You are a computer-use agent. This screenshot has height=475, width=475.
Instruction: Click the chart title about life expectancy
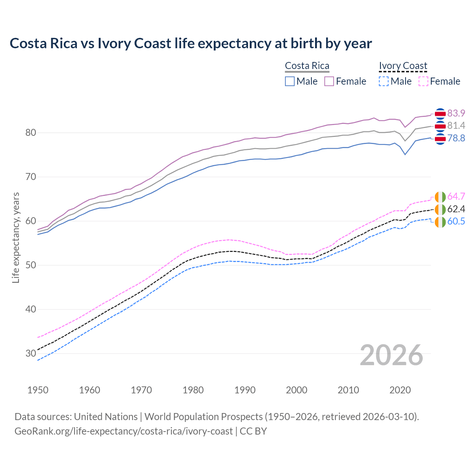pyautogui.click(x=191, y=43)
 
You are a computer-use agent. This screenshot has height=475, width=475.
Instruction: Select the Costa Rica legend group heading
pyautogui.click(x=307, y=66)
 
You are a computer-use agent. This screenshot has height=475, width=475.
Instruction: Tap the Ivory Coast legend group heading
pyautogui.click(x=403, y=66)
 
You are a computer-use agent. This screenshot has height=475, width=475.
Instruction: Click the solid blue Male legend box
pyautogui.click(x=290, y=81)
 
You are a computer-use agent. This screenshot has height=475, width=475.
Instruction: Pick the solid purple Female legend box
pyautogui.click(x=330, y=81)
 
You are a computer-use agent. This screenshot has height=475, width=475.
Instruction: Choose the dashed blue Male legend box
pyautogui.click(x=384, y=81)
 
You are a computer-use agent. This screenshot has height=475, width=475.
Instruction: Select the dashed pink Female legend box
pyautogui.click(x=423, y=81)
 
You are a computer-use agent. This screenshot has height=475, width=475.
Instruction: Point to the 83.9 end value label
pyautogui.click(x=456, y=113)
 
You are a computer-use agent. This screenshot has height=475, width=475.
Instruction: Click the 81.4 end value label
pyautogui.click(x=456, y=126)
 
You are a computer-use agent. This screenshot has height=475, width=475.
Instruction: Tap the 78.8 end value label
pyautogui.click(x=456, y=138)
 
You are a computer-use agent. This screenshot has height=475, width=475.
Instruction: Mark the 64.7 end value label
pyautogui.click(x=456, y=196)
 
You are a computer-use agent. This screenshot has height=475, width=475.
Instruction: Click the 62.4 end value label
pyautogui.click(x=456, y=209)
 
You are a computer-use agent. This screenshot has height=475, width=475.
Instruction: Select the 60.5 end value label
pyautogui.click(x=456, y=222)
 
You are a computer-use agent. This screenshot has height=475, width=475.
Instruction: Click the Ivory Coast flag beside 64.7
pyautogui.click(x=440, y=197)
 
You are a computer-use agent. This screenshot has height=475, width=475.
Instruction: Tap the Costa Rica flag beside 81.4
pyautogui.click(x=440, y=127)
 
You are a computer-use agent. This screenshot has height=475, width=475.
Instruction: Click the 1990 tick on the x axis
pyautogui.click(x=245, y=390)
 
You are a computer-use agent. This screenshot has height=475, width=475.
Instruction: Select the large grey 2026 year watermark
pyautogui.click(x=392, y=355)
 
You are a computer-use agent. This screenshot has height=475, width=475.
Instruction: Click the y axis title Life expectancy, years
pyautogui.click(x=16, y=237)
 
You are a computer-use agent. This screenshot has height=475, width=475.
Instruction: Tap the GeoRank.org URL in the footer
pyautogui.click(x=124, y=431)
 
